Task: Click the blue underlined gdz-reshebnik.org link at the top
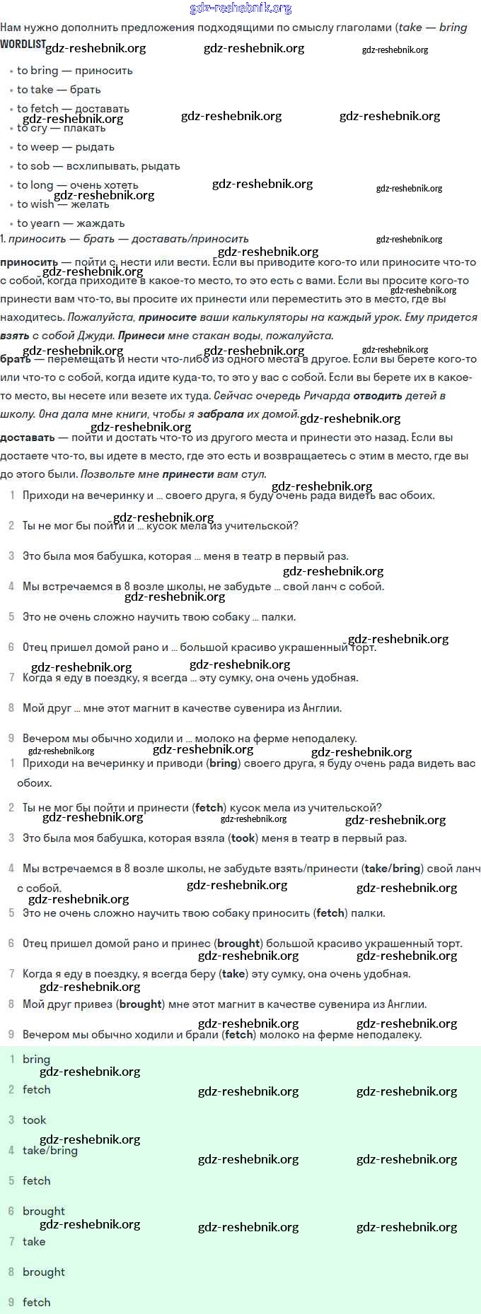[240, 8]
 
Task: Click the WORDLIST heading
[23, 45]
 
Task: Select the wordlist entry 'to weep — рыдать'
[65, 147]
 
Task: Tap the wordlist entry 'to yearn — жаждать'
[71, 223]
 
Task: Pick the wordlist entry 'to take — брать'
[59, 90]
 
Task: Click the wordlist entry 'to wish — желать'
[63, 204]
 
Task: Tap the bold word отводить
[378, 396]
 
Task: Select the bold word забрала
[221, 414]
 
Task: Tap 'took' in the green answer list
[34, 1120]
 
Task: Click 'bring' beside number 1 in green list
[36, 1060]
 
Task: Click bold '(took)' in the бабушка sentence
[243, 838]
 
